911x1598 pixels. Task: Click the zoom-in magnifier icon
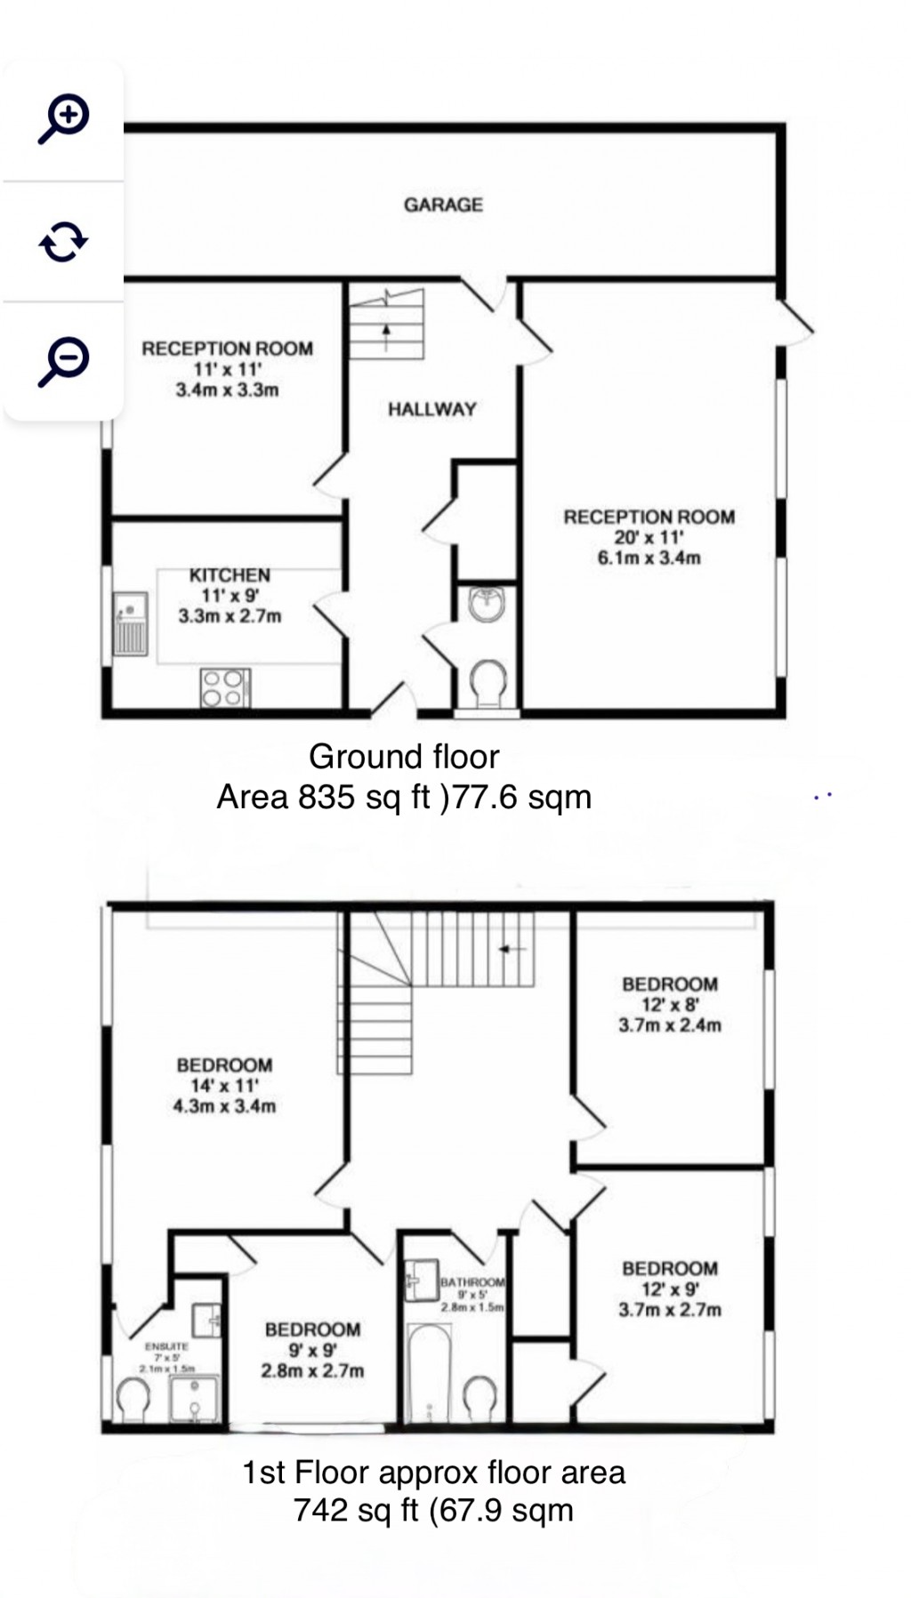tap(63, 117)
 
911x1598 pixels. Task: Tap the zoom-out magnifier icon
tap(63, 361)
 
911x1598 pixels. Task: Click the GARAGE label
tap(443, 205)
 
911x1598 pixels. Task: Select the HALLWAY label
tap(431, 409)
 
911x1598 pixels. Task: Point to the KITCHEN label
tap(230, 575)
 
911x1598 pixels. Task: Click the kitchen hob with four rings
tap(225, 687)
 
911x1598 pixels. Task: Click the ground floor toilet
tap(487, 683)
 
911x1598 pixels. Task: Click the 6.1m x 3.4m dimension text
tap(649, 558)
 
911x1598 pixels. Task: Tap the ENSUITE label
tap(166, 1347)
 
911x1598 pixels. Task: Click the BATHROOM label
tap(472, 1282)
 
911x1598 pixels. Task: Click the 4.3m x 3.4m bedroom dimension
tap(224, 1106)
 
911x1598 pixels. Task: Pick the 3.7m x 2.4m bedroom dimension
tap(670, 1025)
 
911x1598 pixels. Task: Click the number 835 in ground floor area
tap(327, 797)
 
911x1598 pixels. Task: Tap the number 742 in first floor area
tap(321, 1510)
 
